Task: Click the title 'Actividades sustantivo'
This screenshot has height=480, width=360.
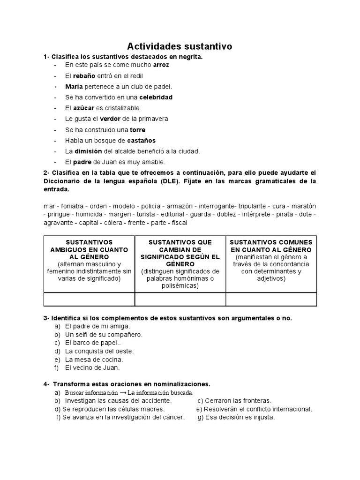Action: [x=180, y=46]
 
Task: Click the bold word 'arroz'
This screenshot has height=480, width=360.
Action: [x=161, y=65]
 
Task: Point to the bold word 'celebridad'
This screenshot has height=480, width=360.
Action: [x=156, y=97]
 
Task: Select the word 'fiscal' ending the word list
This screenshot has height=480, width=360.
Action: [x=179, y=223]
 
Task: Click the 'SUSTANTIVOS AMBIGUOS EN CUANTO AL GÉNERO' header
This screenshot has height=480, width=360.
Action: [x=89, y=250]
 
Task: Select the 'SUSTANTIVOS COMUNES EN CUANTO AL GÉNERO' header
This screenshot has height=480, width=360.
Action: [x=271, y=246]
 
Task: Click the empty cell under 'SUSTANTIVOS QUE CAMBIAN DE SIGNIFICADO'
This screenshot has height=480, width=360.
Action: [x=180, y=299]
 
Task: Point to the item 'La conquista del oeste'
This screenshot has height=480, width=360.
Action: [x=99, y=351]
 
